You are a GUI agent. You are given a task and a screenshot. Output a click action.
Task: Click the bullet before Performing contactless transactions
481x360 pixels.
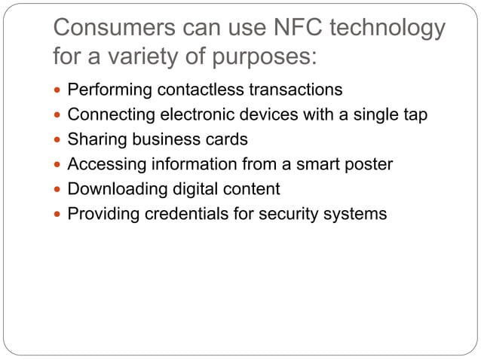point(60,90)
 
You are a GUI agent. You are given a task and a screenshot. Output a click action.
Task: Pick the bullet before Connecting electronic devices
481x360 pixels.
point(60,115)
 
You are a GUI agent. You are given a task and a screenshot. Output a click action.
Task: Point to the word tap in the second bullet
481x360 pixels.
point(412,114)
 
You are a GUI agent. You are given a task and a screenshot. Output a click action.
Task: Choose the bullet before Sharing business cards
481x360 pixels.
point(60,140)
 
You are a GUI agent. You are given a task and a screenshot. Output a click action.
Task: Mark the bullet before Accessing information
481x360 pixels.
point(60,165)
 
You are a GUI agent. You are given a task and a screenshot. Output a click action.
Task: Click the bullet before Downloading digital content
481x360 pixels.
point(60,190)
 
